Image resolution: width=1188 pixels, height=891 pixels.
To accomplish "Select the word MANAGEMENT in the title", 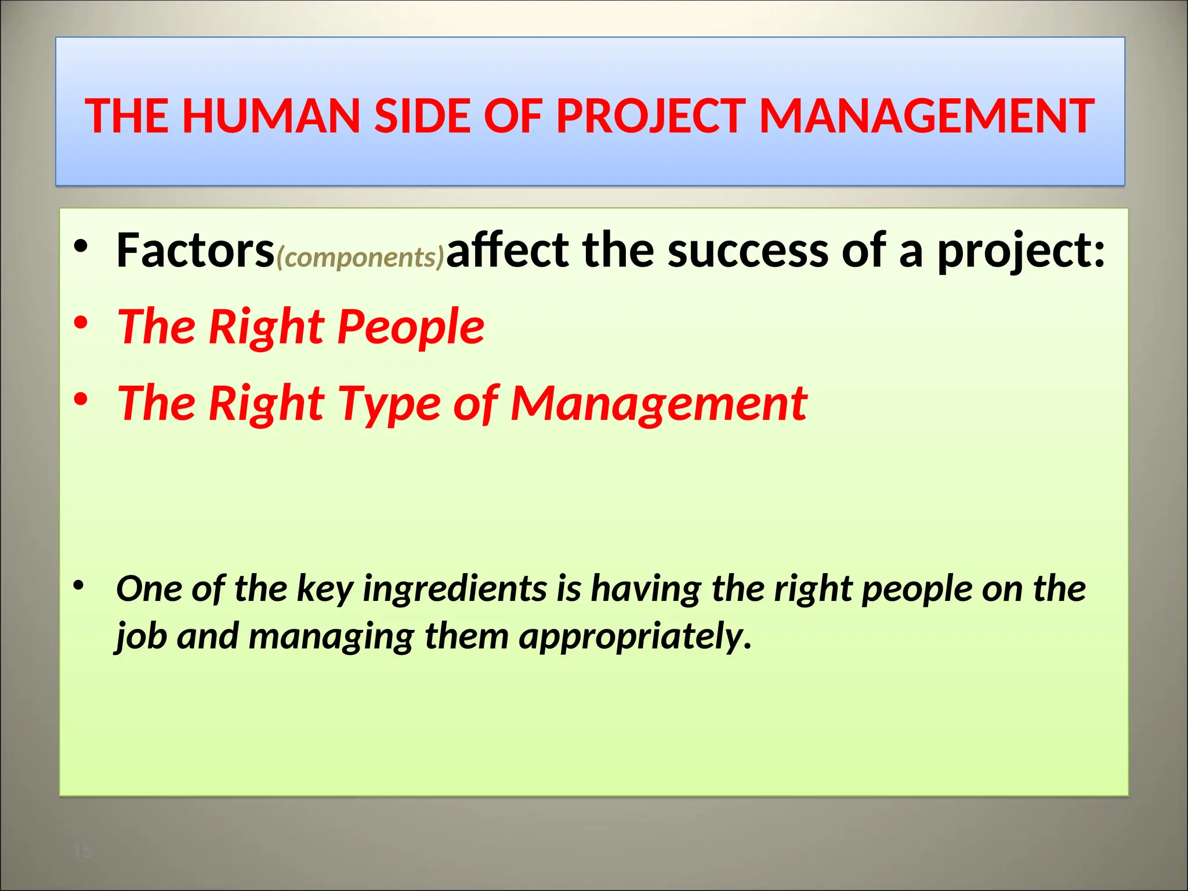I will (x=926, y=116).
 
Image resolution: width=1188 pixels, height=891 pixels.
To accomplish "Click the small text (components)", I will (x=360, y=257).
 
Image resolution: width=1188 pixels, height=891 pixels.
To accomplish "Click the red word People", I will (x=410, y=327).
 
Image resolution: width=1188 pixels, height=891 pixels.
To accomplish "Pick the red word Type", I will (x=389, y=404).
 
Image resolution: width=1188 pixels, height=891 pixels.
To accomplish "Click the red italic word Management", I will (x=658, y=403).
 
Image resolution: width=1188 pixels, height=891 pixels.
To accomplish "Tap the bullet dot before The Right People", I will (x=81, y=322).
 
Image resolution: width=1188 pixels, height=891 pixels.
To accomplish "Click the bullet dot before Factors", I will (x=81, y=246).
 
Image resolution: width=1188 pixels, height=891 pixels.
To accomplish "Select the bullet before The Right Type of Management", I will (x=81, y=399).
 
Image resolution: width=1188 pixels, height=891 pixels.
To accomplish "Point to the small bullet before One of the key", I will (x=78, y=585).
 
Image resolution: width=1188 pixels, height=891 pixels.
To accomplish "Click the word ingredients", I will (x=454, y=589).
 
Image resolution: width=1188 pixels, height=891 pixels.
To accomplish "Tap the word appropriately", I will (x=635, y=637).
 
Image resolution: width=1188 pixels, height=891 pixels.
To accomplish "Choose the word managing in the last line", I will (x=331, y=637).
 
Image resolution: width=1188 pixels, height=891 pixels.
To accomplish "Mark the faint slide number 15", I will (x=83, y=852).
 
